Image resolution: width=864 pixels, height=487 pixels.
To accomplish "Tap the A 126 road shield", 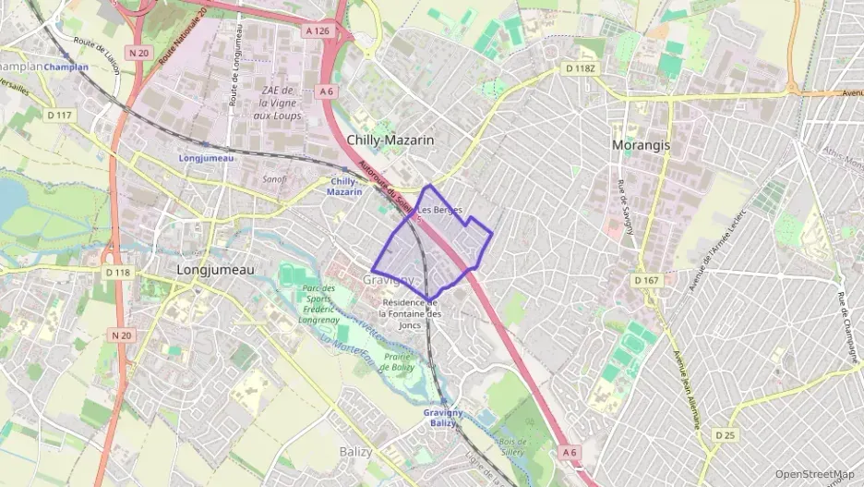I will coord(317,30).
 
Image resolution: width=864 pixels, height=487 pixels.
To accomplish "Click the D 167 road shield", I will coord(647,279).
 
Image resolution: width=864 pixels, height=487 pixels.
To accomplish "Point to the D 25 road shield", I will coord(725,434).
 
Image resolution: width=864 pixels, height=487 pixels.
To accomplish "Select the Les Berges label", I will coord(439,210).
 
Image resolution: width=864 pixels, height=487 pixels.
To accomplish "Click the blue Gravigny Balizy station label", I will coord(443,417).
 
